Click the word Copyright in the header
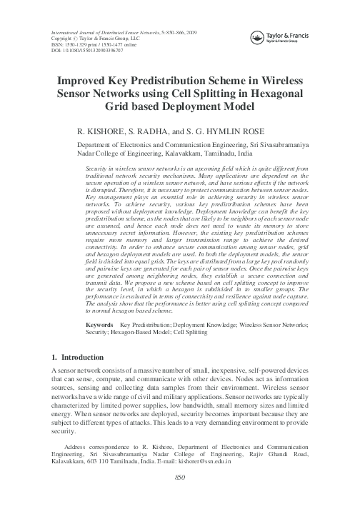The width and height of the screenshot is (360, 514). tap(64, 41)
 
